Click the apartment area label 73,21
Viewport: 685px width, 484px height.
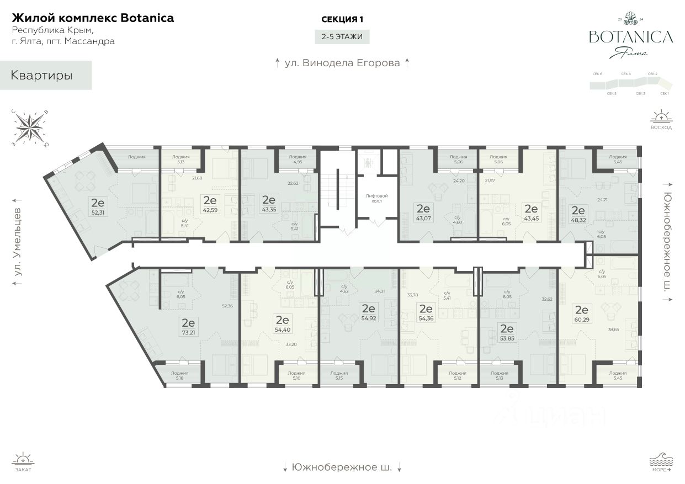coord(189,333)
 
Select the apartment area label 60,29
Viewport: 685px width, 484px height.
coord(581,319)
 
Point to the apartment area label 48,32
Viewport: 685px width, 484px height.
coord(578,220)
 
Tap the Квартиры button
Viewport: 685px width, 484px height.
coord(42,76)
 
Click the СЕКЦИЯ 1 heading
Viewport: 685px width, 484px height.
coord(342,19)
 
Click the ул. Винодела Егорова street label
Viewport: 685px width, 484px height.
coord(342,63)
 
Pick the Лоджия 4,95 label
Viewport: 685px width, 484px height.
coord(298,159)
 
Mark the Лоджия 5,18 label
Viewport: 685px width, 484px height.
coord(179,376)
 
